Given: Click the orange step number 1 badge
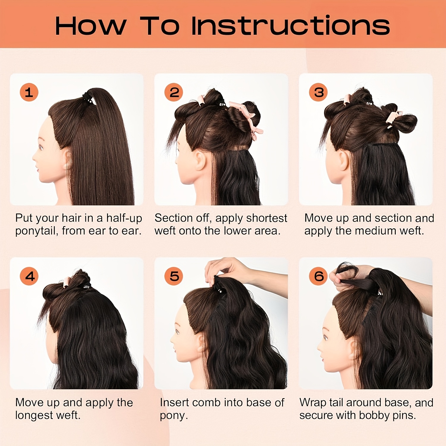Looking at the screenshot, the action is (x=29, y=92).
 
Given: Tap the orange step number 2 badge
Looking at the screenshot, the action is (x=174, y=92).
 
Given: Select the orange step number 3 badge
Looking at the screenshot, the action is (x=318, y=92).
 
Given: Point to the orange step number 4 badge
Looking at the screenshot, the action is (x=29, y=276).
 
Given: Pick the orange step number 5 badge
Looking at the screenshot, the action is (x=174, y=276).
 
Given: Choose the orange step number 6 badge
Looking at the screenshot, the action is (x=318, y=276).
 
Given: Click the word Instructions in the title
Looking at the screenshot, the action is (x=290, y=26).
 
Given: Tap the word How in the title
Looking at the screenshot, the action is (x=91, y=26).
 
